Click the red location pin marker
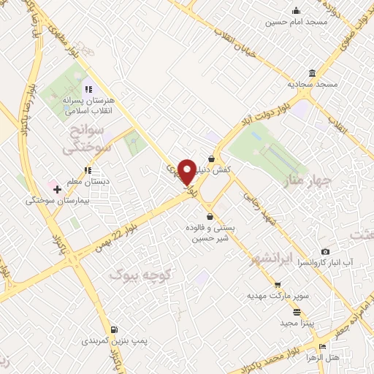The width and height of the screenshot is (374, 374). click(187, 171)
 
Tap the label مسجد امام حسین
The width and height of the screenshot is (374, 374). click(297, 23)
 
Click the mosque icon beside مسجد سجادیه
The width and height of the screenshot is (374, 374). click(313, 73)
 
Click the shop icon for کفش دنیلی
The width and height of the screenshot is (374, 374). click(211, 158)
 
